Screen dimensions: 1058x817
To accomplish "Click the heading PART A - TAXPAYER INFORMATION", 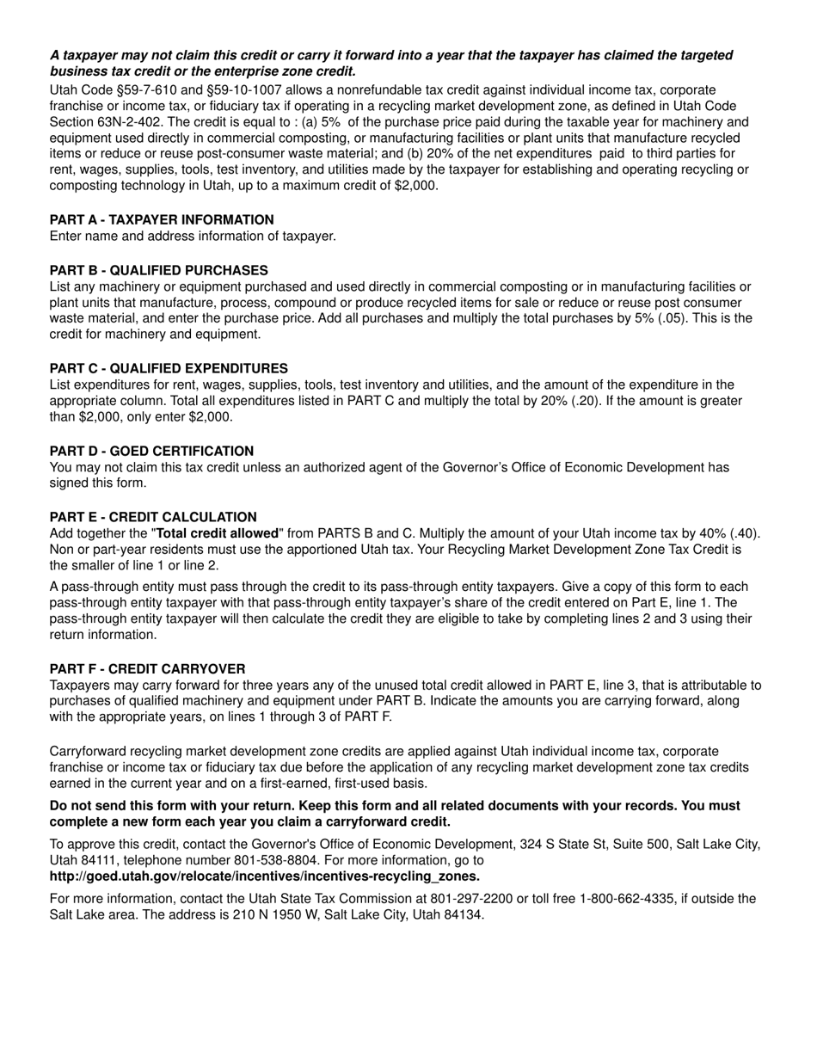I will tap(162, 220).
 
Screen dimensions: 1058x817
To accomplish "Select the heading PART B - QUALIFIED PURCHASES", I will tap(158, 270).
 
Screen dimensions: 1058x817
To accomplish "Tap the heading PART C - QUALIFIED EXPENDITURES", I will tap(169, 368).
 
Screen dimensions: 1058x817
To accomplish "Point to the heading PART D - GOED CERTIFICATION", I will tap(151, 452).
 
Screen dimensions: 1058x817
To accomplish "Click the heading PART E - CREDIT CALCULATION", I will tap(153, 518).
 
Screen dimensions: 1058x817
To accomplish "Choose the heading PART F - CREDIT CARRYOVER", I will tap(147, 669).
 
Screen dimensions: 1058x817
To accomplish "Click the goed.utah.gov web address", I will tap(264, 877).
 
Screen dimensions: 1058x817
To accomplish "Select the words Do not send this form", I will tap(119, 807).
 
